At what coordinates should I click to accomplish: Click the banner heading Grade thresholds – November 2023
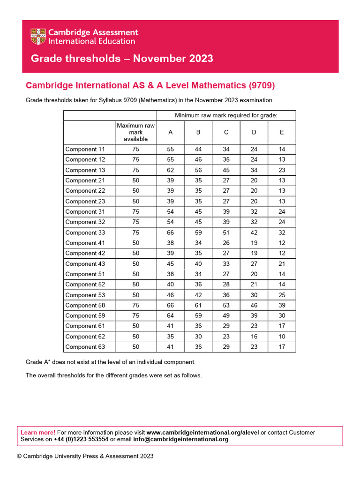pyautogui.click(x=122, y=59)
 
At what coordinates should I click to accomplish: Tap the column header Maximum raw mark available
pyautogui.click(x=135, y=132)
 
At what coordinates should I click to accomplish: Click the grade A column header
pyautogui.click(x=171, y=132)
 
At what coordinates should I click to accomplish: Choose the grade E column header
pyautogui.click(x=282, y=132)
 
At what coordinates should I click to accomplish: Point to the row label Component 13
pyautogui.click(x=85, y=170)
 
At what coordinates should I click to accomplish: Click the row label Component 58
pyautogui.click(x=85, y=305)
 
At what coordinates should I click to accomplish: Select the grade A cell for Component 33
pyautogui.click(x=171, y=232)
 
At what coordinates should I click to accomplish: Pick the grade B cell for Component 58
pyautogui.click(x=198, y=305)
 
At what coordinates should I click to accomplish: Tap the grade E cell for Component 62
pyautogui.click(x=282, y=337)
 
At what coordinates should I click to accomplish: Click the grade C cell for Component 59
pyautogui.click(x=226, y=315)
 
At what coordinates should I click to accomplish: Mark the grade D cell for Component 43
pyautogui.click(x=254, y=264)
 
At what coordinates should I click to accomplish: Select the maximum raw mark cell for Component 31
pyautogui.click(x=135, y=211)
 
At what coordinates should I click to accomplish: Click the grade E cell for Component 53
pyautogui.click(x=282, y=295)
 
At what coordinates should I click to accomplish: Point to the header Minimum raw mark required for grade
pyautogui.click(x=226, y=115)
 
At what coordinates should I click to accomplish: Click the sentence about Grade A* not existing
pyautogui.click(x=110, y=362)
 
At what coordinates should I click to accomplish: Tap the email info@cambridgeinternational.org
pyautogui.click(x=180, y=439)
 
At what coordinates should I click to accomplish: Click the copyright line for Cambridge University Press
pyautogui.click(x=85, y=456)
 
